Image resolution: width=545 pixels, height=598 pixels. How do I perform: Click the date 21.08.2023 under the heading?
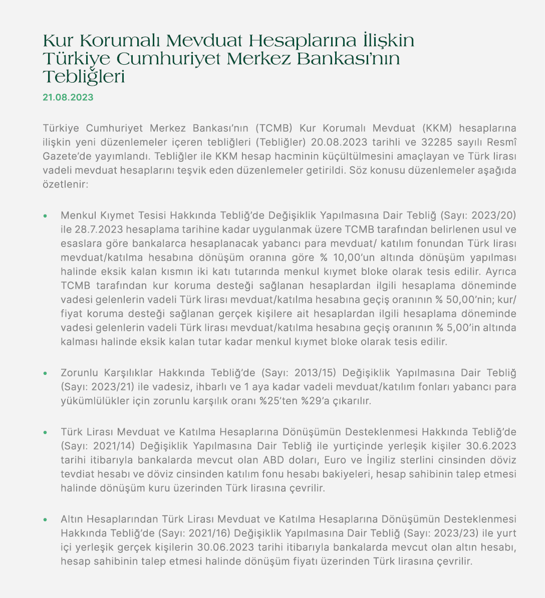[68, 97]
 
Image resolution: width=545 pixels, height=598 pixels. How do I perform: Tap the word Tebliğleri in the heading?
[84, 77]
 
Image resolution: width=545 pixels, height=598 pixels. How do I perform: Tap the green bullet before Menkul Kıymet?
[45, 216]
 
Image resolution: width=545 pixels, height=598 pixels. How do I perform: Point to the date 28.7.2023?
[95, 230]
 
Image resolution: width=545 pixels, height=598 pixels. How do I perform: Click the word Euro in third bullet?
[335, 460]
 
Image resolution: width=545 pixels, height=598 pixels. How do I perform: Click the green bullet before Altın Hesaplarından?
[45, 519]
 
